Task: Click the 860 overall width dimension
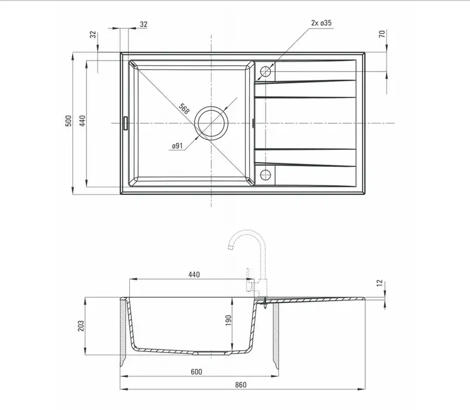point(241,385)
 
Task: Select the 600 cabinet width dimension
point(196,372)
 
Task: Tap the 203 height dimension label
point(81,326)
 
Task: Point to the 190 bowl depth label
point(229,320)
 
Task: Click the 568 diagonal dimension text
point(184,109)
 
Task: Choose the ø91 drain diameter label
point(177,146)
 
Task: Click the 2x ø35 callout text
point(321,23)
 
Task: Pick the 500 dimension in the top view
point(69,121)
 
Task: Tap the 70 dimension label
point(382,34)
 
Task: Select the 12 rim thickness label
point(380,283)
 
